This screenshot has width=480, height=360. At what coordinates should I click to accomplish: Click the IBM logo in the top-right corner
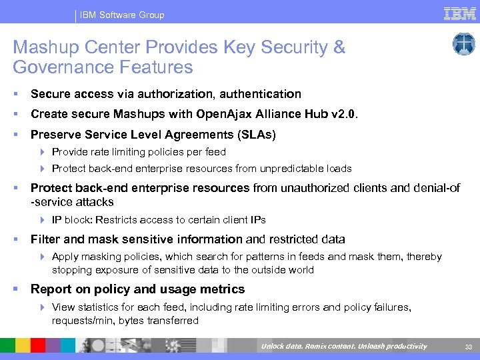tap(459, 13)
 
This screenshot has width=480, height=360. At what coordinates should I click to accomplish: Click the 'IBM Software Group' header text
tap(122, 15)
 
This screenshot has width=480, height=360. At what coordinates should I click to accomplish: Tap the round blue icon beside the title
tap(463, 45)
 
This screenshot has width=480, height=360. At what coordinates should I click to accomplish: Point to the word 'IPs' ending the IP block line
tap(258, 220)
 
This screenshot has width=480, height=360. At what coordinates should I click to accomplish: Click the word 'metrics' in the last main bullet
tap(225, 289)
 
